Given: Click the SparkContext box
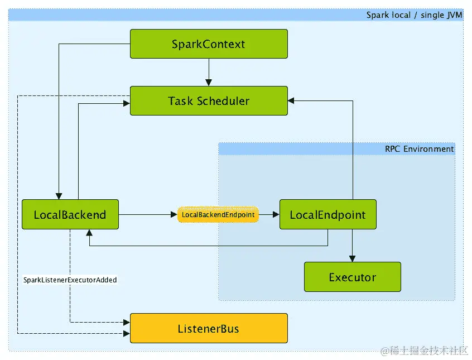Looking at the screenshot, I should point(209,44).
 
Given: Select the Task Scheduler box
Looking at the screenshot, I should point(209,101).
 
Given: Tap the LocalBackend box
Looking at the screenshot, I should point(70,214).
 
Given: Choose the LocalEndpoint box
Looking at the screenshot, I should point(328,214).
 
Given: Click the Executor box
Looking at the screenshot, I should point(352,277).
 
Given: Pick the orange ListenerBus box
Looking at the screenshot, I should point(209,328).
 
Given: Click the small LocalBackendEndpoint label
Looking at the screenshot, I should point(218,215).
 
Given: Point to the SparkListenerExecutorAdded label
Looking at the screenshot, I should point(70,280).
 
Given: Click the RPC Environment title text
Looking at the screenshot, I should point(419,149).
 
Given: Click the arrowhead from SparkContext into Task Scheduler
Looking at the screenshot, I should point(209,83).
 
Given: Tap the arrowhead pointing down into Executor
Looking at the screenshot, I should point(352,258).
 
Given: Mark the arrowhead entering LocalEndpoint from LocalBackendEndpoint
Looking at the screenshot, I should point(276,214).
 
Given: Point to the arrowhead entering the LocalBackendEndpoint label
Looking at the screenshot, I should point(174,214).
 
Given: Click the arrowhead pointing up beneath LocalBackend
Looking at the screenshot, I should point(89,233).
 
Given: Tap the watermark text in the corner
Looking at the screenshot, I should point(424,351).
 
